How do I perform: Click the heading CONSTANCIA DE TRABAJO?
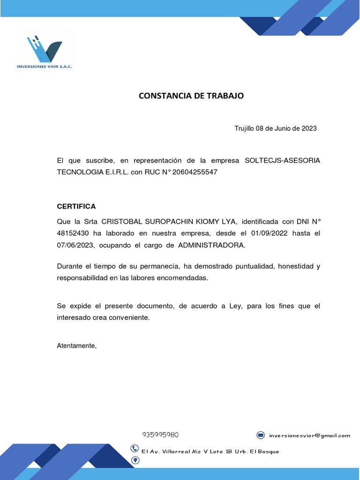(x=191, y=96)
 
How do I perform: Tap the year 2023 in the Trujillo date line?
(x=309, y=128)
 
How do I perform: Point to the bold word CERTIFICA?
(x=76, y=206)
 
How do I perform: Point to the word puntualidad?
(x=251, y=266)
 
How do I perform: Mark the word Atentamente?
(x=76, y=346)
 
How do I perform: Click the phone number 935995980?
(x=160, y=435)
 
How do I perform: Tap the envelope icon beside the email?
(x=261, y=435)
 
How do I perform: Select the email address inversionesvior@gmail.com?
(x=310, y=435)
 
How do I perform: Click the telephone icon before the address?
(x=135, y=449)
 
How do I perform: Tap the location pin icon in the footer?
(x=135, y=460)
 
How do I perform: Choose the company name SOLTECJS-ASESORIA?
(x=283, y=160)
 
